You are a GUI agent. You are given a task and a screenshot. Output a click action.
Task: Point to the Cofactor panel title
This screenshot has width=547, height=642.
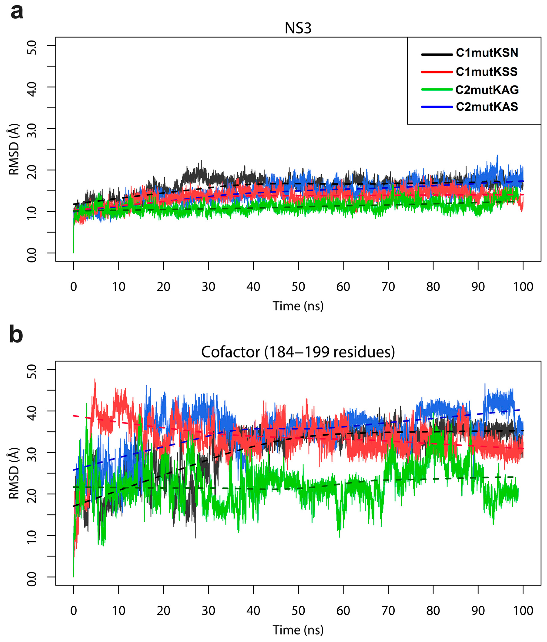298,352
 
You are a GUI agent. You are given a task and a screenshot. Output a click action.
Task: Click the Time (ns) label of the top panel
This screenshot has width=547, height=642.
298,306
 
